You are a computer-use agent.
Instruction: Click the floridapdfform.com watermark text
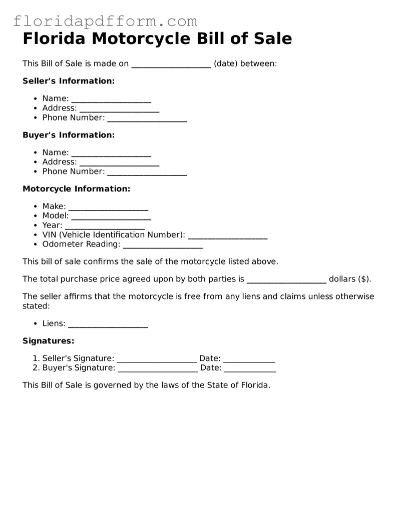(x=105, y=21)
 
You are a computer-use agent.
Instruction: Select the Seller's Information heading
(x=69, y=81)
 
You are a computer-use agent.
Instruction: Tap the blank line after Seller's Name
(x=111, y=99)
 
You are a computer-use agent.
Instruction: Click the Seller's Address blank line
(x=119, y=109)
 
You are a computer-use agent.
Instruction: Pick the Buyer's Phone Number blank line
(x=147, y=172)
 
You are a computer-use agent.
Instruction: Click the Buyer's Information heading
(x=69, y=135)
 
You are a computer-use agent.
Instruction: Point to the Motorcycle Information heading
(x=76, y=189)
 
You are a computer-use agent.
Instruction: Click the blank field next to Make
(x=108, y=207)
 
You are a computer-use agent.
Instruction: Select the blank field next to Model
(x=111, y=217)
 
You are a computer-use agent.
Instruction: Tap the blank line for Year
(x=105, y=226)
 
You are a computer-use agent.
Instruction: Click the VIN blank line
(x=227, y=236)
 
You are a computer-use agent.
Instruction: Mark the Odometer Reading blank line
(x=162, y=245)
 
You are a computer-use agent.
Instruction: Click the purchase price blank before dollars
(x=286, y=280)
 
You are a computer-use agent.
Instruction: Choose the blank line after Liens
(x=108, y=324)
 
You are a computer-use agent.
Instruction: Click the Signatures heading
(x=48, y=341)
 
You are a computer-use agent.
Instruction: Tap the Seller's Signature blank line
(x=156, y=359)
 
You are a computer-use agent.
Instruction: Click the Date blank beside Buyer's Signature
(x=250, y=369)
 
